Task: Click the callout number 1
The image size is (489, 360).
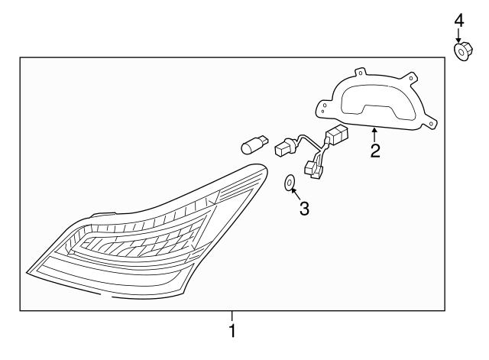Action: (x=232, y=331)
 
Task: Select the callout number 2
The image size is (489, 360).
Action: (x=375, y=151)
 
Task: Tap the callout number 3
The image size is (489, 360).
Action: (x=304, y=209)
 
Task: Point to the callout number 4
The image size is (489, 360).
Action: (x=459, y=21)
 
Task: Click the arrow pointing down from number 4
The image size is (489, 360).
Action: (x=458, y=35)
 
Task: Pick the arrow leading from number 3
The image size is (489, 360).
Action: (x=296, y=193)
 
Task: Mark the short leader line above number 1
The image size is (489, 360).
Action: (x=232, y=316)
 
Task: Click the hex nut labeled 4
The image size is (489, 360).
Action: (x=463, y=51)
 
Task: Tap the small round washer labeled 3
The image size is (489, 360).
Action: (x=290, y=183)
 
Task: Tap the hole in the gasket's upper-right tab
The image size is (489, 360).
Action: (x=411, y=78)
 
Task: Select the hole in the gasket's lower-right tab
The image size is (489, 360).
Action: (x=431, y=124)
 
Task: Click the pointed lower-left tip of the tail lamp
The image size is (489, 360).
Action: (x=27, y=272)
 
